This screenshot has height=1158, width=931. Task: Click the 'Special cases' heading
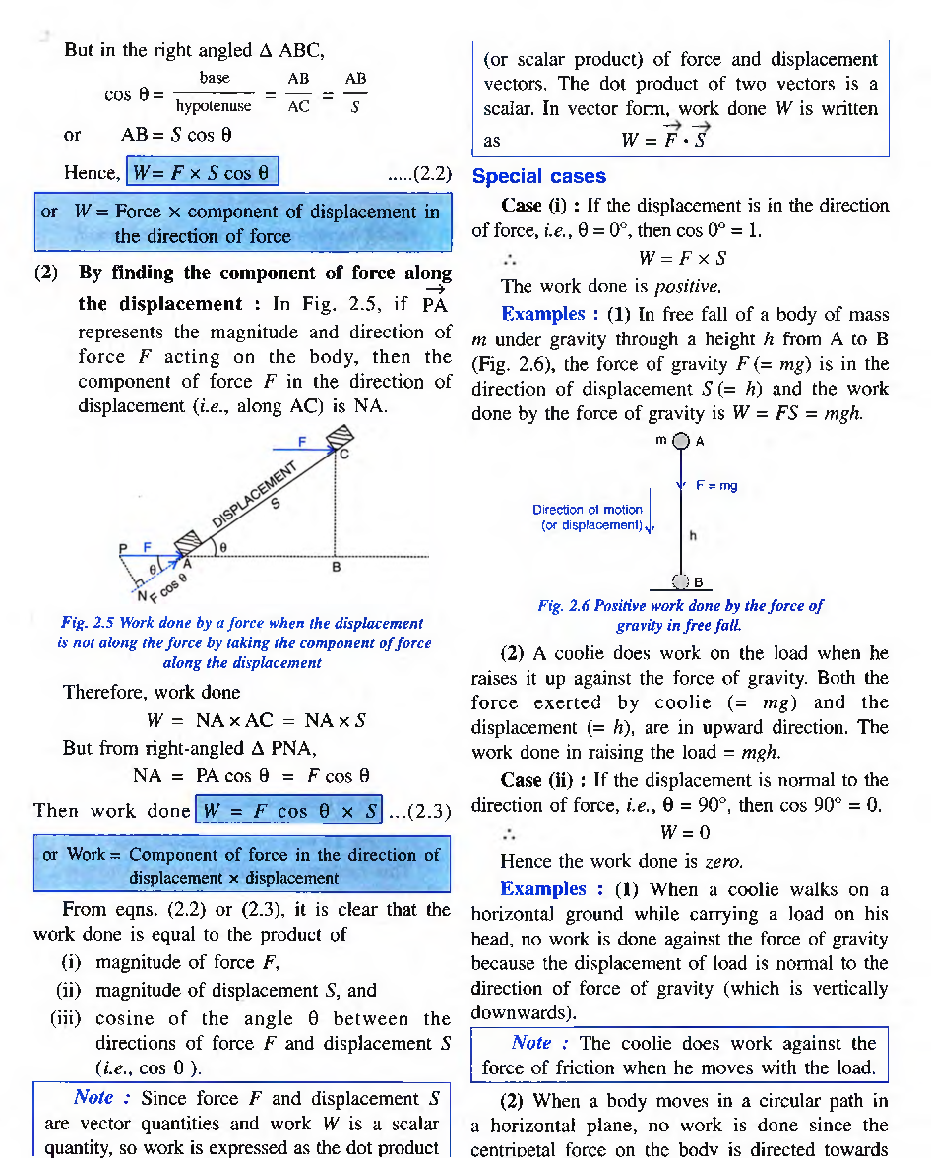point(538,176)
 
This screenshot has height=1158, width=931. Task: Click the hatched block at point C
point(340,436)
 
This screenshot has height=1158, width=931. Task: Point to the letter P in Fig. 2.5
point(123,547)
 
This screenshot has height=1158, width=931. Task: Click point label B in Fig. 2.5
point(336,568)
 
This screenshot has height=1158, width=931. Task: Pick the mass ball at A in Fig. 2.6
point(680,442)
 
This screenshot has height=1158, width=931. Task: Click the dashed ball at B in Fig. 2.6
point(680,580)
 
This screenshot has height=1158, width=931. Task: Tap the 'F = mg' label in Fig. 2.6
point(716,485)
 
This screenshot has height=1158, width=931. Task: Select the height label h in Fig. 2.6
point(693,536)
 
